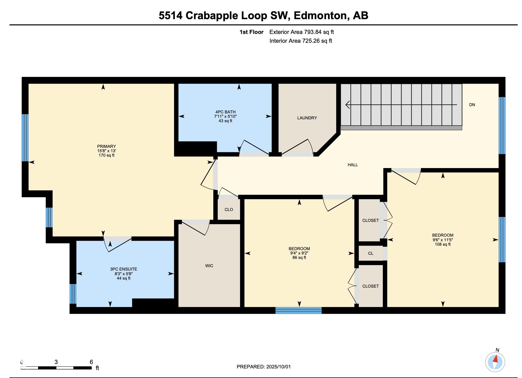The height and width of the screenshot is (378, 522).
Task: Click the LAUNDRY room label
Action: [307, 118]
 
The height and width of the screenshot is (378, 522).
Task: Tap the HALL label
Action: [352, 165]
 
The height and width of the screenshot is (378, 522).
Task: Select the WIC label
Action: [209, 266]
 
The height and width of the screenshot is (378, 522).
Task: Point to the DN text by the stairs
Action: [472, 105]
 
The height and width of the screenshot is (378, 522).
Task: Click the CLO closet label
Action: [229, 209]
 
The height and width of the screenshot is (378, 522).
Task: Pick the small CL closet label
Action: [371, 253]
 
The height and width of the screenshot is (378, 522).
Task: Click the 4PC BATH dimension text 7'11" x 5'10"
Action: [225, 117]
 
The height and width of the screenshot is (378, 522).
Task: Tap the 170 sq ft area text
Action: [106, 155]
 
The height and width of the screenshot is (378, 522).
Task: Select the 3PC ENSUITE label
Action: [124, 269]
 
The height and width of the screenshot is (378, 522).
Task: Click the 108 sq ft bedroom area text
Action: [443, 244]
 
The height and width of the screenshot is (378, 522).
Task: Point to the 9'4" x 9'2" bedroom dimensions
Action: [299, 253]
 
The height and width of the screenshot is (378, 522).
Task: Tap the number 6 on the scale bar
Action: [91, 362]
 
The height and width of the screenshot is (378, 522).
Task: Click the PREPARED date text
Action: [264, 367]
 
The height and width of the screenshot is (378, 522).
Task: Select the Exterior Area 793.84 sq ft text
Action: [301, 32]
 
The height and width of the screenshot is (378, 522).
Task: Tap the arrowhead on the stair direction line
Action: [348, 105]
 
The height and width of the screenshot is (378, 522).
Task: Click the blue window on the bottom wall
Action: [298, 310]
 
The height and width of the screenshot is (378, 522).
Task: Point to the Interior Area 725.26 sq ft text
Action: [301, 41]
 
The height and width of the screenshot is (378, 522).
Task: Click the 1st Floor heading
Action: [251, 32]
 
